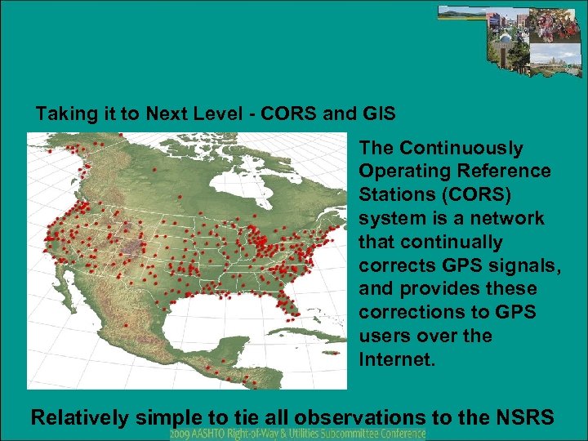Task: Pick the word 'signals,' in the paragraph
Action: coord(506,266)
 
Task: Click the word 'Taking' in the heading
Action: coord(63,114)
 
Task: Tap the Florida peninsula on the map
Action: coord(287,303)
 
